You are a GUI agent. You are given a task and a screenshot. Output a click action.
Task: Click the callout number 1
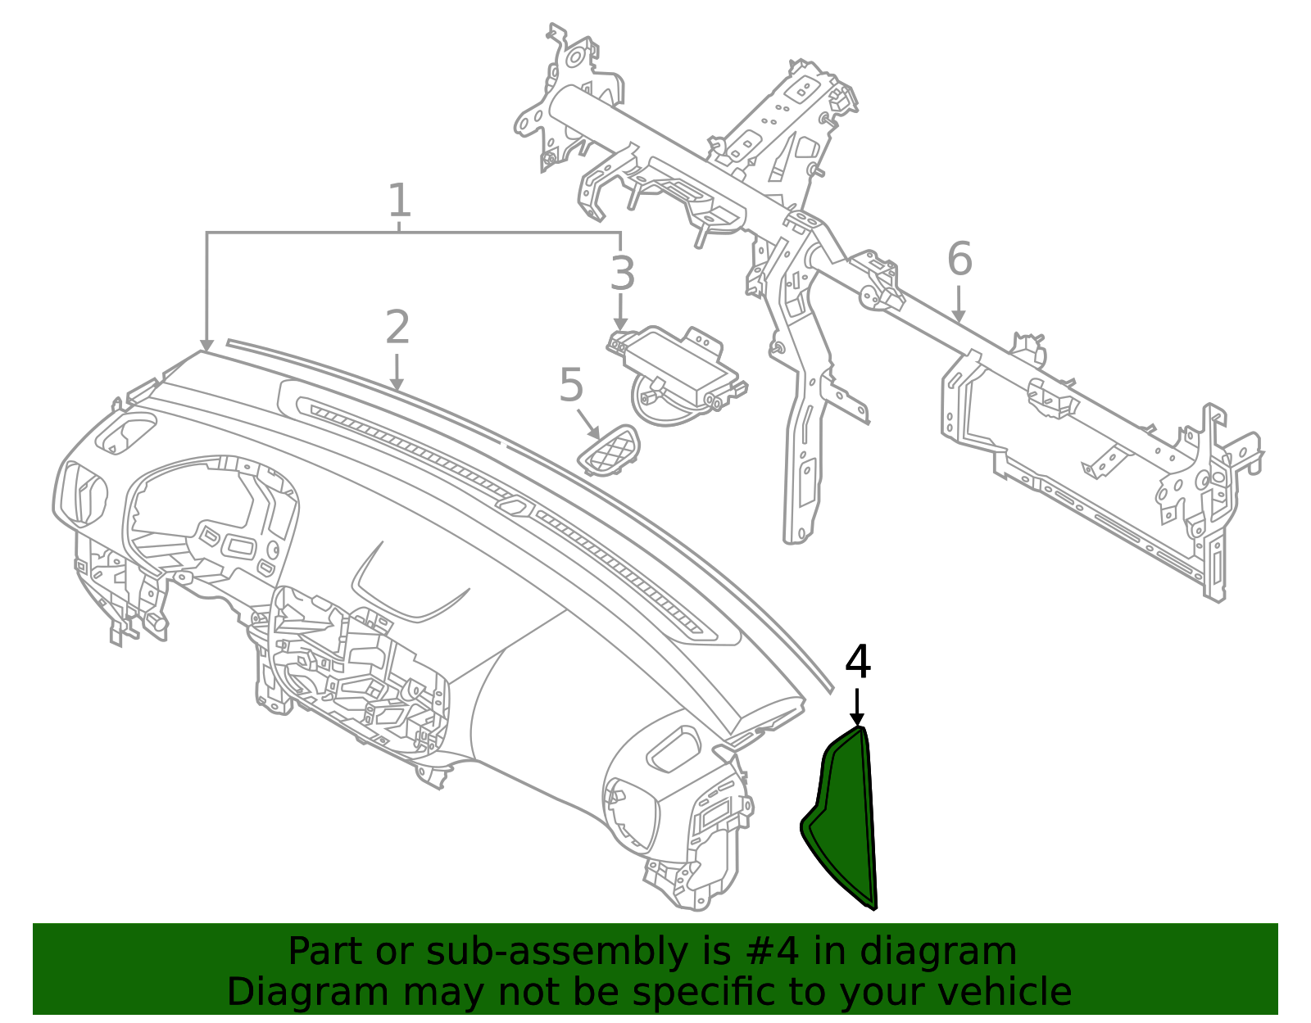click(x=398, y=201)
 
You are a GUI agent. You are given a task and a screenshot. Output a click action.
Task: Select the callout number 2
click(x=397, y=328)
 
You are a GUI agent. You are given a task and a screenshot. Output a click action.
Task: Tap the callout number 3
click(x=622, y=274)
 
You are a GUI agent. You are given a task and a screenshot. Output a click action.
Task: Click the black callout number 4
click(x=857, y=663)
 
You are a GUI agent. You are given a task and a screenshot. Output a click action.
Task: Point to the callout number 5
click(x=571, y=386)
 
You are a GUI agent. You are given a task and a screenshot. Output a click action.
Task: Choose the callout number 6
click(x=959, y=259)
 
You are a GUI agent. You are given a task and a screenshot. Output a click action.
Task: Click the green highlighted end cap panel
click(x=844, y=819)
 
